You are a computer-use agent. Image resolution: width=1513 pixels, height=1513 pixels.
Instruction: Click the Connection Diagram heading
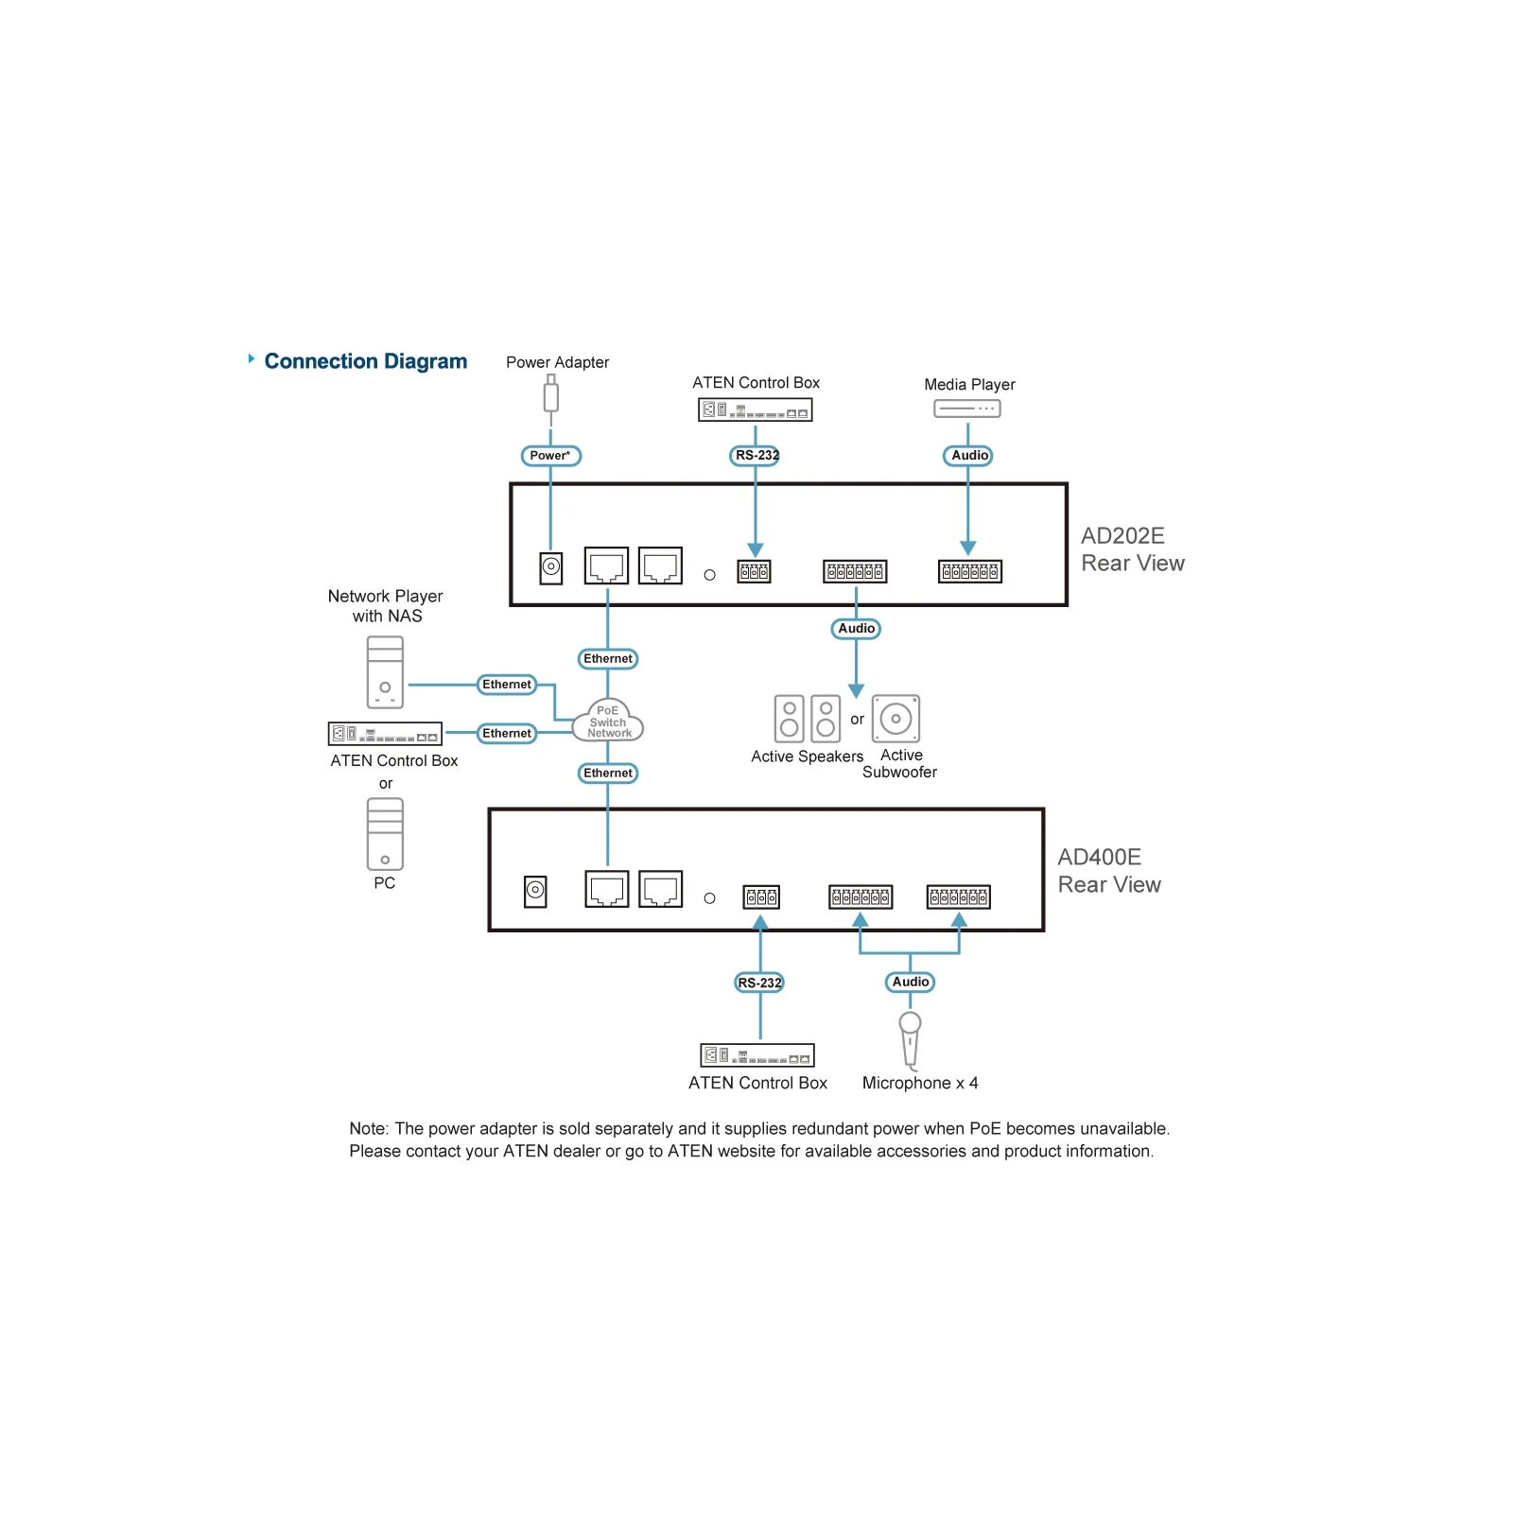pos(365,361)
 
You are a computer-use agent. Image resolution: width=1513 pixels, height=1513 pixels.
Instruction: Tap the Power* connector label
pos(550,456)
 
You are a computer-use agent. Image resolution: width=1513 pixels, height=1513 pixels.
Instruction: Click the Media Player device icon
pos(966,409)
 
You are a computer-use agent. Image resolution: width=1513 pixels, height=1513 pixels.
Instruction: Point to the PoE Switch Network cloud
pos(608,721)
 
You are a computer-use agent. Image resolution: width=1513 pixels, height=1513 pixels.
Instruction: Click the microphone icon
pos(910,1040)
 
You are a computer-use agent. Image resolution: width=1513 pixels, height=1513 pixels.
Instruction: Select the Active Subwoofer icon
pos(896,719)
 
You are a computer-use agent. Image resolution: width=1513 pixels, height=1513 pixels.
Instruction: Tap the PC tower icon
pos(385,834)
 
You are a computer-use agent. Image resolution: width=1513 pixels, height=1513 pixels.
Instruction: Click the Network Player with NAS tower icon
pos(385,672)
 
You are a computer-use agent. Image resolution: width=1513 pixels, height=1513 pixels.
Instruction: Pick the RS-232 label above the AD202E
pos(756,456)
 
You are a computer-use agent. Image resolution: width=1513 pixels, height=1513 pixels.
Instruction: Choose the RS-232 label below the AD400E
pos(759,983)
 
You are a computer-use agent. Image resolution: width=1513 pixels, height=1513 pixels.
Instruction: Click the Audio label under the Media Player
pos(968,456)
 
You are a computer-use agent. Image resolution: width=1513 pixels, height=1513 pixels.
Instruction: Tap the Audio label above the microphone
pos(911,982)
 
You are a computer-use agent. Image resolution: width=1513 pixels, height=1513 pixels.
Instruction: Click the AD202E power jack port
pos(551,568)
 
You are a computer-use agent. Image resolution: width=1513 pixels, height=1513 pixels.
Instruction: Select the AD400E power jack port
pos(535,891)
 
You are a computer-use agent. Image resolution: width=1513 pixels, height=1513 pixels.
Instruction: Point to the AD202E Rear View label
pos(1132,549)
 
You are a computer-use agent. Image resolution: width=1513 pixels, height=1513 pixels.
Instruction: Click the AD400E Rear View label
pos(1108,871)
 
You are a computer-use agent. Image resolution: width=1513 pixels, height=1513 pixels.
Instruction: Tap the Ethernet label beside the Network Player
pos(507,685)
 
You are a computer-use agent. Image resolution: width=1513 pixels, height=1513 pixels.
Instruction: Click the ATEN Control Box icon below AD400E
pos(756,1055)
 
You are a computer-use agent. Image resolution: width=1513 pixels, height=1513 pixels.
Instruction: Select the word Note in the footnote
pos(368,1128)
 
